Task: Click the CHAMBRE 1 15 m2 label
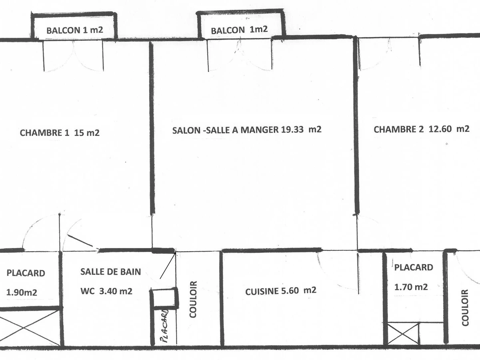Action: tap(60, 133)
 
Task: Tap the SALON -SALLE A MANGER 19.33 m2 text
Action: tap(247, 130)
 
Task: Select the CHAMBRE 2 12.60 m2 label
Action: tap(421, 129)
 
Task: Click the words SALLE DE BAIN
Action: tap(110, 272)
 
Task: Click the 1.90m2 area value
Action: tap(22, 292)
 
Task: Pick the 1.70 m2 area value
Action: tap(411, 286)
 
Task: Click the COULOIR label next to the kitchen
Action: tap(193, 299)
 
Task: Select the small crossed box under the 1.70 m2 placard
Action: tap(403, 333)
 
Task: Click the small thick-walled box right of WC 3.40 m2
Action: tap(165, 298)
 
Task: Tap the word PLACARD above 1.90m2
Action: tap(26, 274)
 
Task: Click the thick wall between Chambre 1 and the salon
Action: tap(152, 128)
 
